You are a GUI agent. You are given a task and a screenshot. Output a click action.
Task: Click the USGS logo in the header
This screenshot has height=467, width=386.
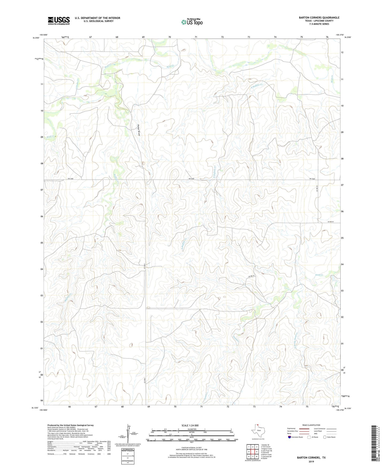[59, 21]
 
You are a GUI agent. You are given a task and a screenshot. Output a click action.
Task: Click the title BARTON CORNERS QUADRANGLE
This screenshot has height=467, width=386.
[319, 18]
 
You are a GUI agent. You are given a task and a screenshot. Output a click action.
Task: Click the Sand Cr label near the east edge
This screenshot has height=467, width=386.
[319, 275]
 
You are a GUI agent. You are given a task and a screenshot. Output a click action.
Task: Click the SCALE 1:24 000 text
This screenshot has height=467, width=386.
[190, 426]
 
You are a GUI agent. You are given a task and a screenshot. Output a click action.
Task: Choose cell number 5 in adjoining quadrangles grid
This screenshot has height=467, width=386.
[256, 452]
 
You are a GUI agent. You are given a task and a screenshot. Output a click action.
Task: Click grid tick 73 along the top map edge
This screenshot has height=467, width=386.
[249, 37]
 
